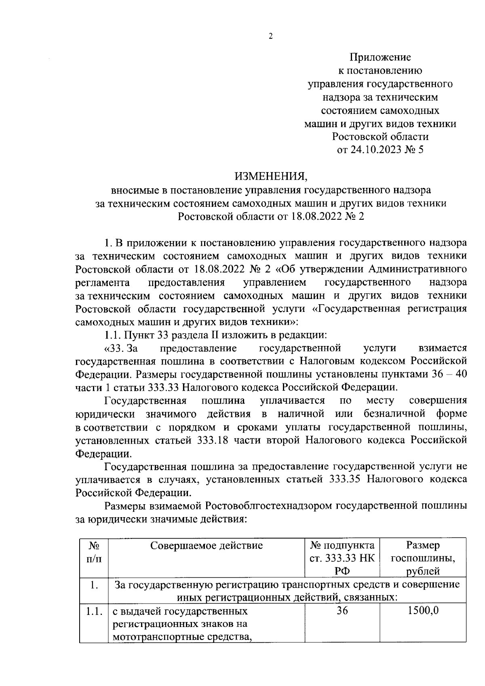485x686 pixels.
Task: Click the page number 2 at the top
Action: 271,36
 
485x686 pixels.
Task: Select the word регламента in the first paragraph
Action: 102,282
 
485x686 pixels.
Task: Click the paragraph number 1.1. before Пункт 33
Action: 113,335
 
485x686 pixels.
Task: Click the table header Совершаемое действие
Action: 207,546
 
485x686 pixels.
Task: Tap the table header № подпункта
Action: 342,546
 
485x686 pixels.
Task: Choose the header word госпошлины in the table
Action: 423,559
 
